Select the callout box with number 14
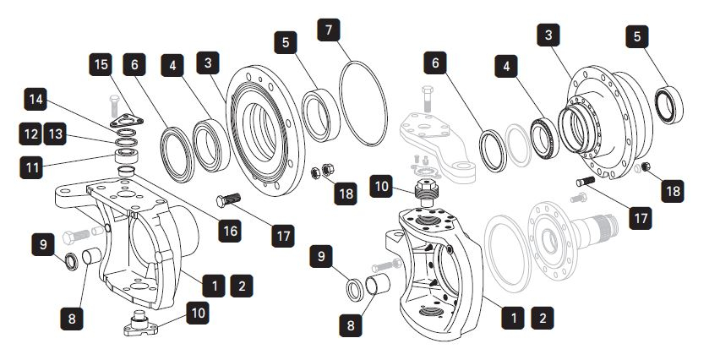click(x=34, y=100)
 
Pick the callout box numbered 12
click(x=30, y=133)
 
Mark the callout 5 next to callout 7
click(x=286, y=40)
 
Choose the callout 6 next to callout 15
click(x=134, y=63)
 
